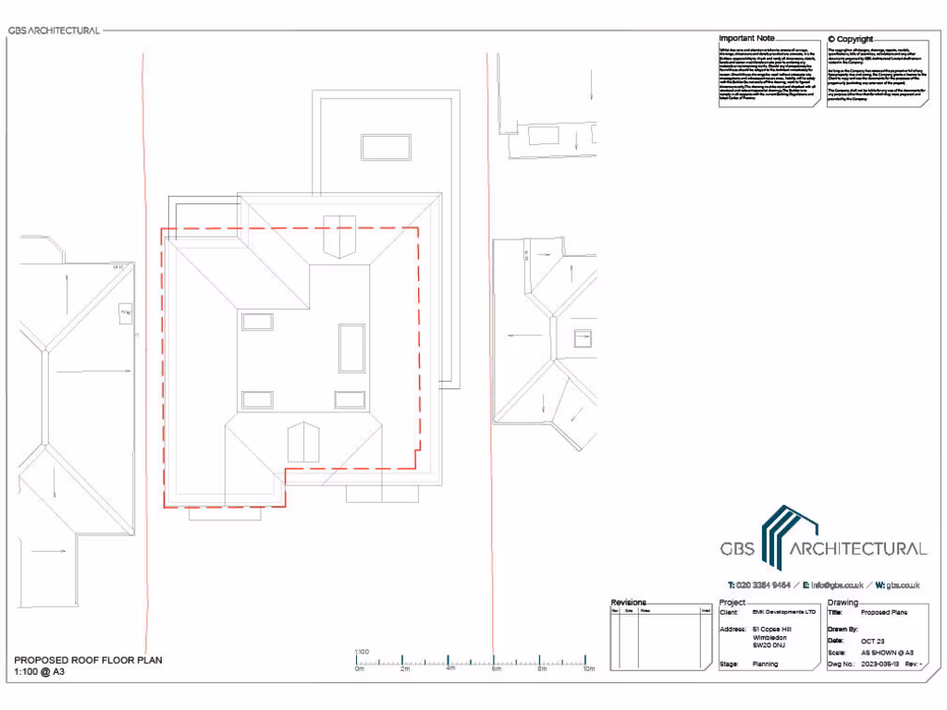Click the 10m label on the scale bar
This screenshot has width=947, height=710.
(588, 669)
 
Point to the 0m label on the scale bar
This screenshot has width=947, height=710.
(360, 669)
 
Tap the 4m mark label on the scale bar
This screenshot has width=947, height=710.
(450, 669)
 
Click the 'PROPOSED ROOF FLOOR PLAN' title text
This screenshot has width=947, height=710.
(88, 660)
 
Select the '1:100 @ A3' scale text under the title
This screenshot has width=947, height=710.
(39, 672)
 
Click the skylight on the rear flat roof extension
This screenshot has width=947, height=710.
(386, 147)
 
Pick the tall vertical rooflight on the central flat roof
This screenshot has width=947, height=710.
(351, 348)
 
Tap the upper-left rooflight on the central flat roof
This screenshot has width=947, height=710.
(257, 321)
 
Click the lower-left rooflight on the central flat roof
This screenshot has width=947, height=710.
(257, 399)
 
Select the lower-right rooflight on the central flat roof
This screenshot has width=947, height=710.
(350, 399)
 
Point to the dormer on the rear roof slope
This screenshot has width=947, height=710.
(338, 237)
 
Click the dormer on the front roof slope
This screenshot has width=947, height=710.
(303, 443)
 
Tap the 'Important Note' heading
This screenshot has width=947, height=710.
(747, 39)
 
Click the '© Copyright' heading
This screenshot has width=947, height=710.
(850, 39)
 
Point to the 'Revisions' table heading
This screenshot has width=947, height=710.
(629, 603)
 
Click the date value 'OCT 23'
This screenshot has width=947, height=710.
(874, 640)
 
